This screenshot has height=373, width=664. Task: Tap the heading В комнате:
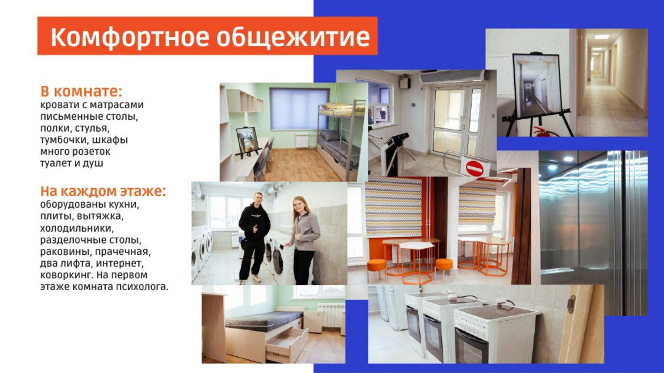[x=81, y=91]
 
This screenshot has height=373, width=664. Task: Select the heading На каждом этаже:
[x=103, y=192]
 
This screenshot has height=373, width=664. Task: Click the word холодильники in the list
[x=77, y=228]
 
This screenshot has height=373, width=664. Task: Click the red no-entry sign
[x=475, y=169]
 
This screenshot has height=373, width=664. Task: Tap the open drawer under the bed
[x=287, y=345]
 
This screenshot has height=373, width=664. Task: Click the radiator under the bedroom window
[x=302, y=140]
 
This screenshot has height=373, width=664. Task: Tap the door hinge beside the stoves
[x=570, y=304]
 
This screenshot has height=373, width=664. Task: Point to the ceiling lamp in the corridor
[x=602, y=37]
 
